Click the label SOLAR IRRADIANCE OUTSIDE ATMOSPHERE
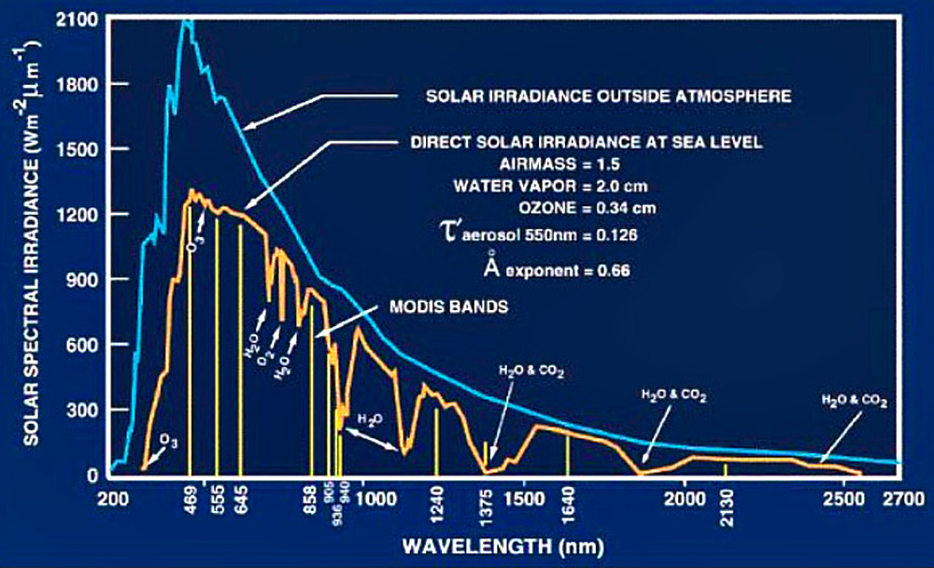pos(609,96)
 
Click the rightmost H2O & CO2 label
pos(853,400)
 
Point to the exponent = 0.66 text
pos(575,272)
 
